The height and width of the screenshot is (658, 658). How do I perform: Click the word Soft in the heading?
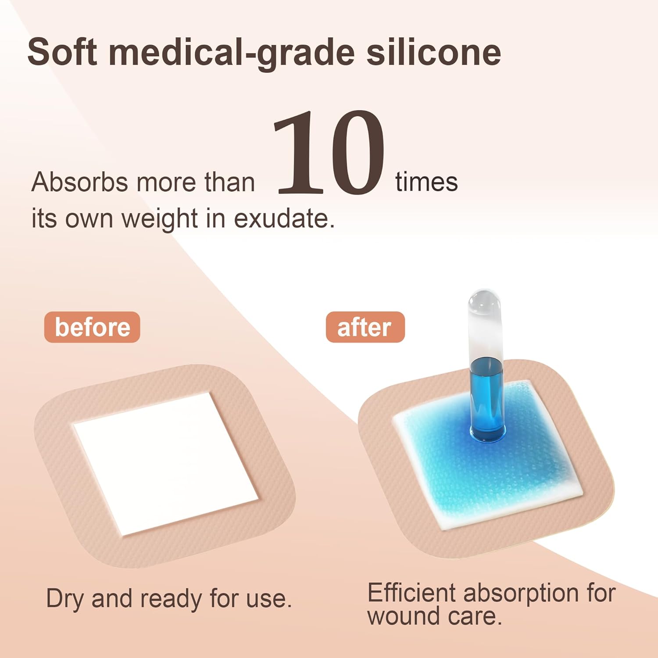point(62,52)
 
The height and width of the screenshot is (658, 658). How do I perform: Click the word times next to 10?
point(426,182)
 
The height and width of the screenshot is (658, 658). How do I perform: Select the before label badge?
point(92,327)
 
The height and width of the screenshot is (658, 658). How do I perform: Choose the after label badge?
point(365,327)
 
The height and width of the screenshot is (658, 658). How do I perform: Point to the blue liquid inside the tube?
point(486,395)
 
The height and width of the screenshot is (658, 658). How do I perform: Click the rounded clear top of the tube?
point(484,305)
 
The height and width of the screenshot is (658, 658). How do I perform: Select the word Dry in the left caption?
point(64,599)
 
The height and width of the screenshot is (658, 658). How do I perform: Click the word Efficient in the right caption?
point(411,593)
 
